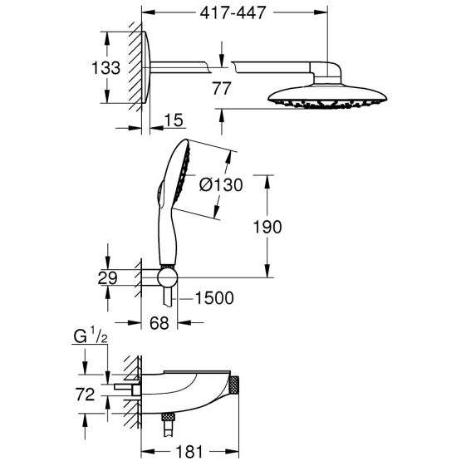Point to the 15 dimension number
(x=174, y=121)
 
